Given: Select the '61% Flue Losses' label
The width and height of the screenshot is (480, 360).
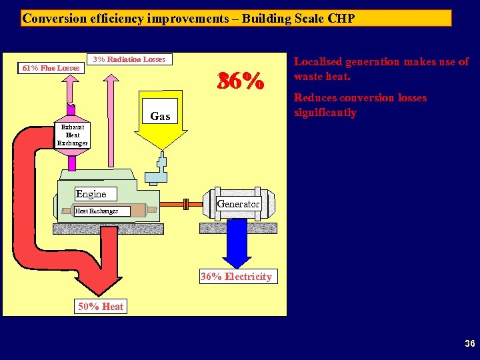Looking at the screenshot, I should click(51, 67).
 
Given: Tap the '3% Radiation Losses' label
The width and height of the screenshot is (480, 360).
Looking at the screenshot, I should click(129, 59).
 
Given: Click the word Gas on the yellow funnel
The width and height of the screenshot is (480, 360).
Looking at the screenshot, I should click(160, 117).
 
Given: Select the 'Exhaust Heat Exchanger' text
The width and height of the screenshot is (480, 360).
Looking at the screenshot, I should click(72, 135).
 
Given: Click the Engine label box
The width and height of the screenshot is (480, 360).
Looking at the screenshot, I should click(91, 194).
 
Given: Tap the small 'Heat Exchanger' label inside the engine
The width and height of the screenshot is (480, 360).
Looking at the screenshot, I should click(96, 211).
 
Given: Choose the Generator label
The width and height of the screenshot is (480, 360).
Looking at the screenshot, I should click(238, 203).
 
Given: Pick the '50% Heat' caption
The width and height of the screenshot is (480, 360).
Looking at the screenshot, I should click(101, 306).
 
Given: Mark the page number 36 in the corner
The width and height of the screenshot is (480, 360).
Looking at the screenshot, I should click(469, 344).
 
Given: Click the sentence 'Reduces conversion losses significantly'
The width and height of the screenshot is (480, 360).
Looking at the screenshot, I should click(360, 105).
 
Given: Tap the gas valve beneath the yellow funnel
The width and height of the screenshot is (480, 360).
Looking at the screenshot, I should click(160, 167).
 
